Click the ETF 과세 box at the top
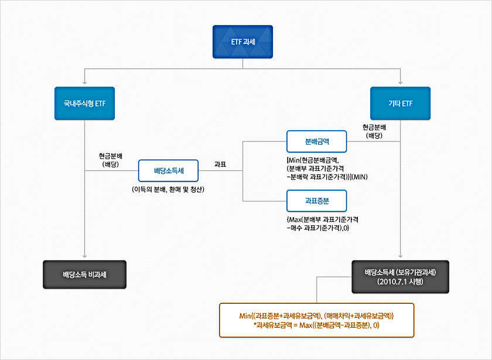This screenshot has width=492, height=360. [x=242, y=42]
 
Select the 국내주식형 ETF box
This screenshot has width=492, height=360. [x=85, y=104]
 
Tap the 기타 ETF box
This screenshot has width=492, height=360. [x=401, y=104]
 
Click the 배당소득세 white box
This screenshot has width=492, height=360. [x=168, y=171]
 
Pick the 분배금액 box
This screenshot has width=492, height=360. [x=317, y=142]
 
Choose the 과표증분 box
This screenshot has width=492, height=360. [x=317, y=201]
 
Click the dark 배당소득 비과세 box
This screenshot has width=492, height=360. [x=85, y=274]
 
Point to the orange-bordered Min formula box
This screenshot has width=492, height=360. [x=316, y=320]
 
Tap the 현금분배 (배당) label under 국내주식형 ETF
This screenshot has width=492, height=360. [x=111, y=160]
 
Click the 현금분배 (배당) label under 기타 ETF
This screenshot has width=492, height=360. [x=374, y=131]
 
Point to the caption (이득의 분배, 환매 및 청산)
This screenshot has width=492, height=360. [x=168, y=190]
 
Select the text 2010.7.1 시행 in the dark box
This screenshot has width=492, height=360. [x=401, y=282]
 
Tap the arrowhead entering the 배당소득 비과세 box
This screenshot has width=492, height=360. [x=85, y=257]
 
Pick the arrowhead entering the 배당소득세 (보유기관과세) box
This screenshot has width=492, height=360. [x=401, y=257]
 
